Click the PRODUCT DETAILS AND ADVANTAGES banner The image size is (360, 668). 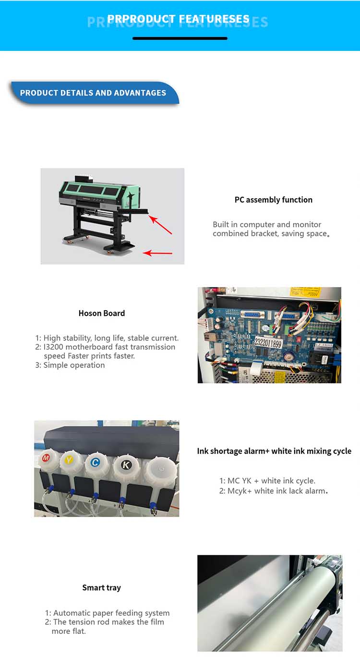[93, 93]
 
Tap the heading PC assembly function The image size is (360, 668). [273, 200]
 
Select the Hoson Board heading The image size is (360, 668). [102, 313]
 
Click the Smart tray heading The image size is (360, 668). [101, 587]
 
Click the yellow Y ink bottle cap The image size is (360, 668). [69, 460]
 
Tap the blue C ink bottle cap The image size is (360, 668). [96, 462]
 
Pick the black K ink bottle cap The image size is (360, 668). [126, 464]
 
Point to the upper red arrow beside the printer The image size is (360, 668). [160, 225]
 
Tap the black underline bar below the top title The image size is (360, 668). [180, 38]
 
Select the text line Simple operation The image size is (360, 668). [74, 365]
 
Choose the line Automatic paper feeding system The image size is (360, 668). [111, 613]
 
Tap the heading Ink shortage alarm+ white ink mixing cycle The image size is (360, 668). [274, 451]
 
